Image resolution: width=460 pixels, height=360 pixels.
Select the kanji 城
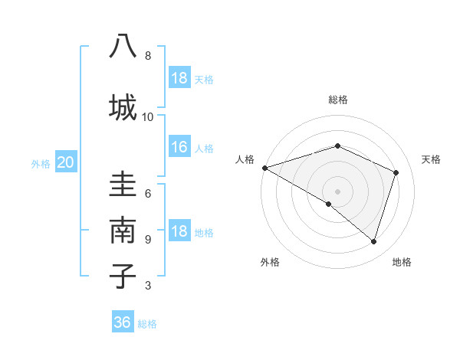click(x=123, y=106)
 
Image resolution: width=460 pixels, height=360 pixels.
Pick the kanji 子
click(x=123, y=276)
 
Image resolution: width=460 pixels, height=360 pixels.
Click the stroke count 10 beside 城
click(x=148, y=116)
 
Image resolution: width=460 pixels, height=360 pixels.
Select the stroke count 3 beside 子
click(x=148, y=286)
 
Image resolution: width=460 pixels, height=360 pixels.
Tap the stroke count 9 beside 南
click(x=148, y=239)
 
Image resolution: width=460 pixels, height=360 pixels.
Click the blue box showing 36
click(x=123, y=322)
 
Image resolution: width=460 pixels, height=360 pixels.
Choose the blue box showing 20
click(x=66, y=162)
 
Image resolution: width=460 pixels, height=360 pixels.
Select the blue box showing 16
click(x=179, y=147)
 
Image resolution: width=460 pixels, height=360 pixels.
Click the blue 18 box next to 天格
click(x=179, y=78)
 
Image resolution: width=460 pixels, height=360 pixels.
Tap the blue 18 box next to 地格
click(x=179, y=232)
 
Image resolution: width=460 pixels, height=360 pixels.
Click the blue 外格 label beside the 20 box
click(x=41, y=163)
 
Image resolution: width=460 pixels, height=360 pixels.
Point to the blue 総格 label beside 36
click(x=147, y=323)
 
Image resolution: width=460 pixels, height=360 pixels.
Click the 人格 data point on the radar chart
click(x=264, y=168)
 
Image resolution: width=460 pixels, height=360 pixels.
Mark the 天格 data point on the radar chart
click(x=396, y=172)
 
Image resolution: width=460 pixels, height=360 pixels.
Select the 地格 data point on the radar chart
click(x=374, y=242)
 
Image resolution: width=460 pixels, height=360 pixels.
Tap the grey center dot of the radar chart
click(x=337, y=191)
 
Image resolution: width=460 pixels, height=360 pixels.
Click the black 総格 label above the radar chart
click(x=337, y=100)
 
